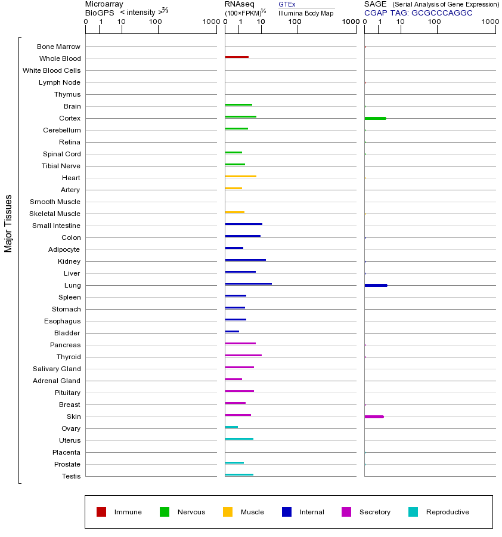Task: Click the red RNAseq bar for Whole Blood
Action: (x=237, y=57)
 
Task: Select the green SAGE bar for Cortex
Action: (x=375, y=118)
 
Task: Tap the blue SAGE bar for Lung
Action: (x=376, y=285)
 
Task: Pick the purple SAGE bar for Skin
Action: (x=374, y=416)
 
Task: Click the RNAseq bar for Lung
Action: (x=248, y=283)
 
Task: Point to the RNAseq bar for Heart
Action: (x=240, y=176)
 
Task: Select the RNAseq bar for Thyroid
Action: (x=243, y=355)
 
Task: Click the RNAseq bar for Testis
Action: (x=239, y=474)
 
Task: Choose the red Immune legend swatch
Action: (x=101, y=512)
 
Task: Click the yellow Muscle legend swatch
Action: (x=228, y=512)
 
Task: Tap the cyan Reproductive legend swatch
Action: (x=413, y=512)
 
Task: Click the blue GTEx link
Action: (x=287, y=4)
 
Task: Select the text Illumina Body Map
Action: (x=306, y=13)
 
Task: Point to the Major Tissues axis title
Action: (x=8, y=223)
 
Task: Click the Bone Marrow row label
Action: (x=58, y=47)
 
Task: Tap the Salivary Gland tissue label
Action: (x=57, y=369)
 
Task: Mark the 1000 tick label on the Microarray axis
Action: (x=210, y=22)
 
